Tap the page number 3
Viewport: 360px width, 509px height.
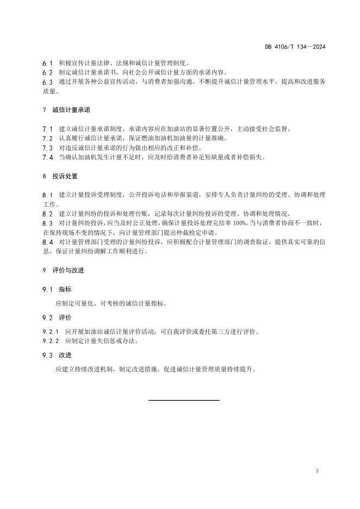pos(316,470)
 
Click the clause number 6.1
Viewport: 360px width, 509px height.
pos(47,64)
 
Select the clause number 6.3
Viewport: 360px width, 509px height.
pos(47,82)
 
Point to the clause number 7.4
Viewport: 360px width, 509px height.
pos(47,157)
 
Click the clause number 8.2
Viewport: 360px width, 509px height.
pos(47,214)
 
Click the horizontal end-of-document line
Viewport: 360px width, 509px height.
pos(184,400)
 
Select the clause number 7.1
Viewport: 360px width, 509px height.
pos(47,129)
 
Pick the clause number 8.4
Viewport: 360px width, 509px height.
pos(47,242)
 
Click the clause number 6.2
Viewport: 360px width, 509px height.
pos(47,72)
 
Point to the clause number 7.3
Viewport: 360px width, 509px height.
pos(47,148)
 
